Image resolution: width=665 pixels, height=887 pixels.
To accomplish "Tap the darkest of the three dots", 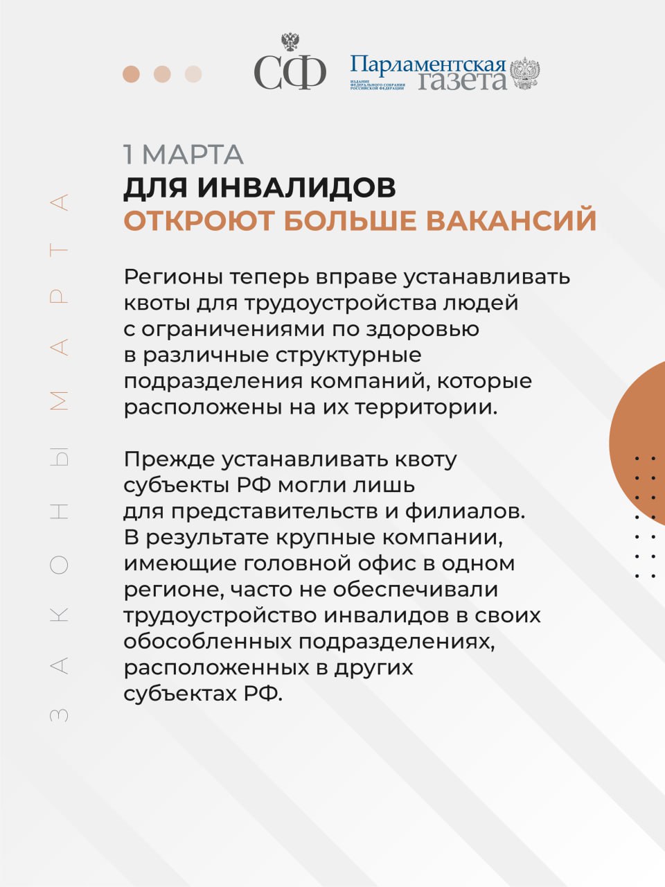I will pyautogui.click(x=131, y=74).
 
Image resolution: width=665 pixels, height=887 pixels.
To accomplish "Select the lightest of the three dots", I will pyautogui.click(x=193, y=74).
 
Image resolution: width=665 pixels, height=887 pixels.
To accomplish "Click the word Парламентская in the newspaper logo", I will pyautogui.click(x=427, y=65).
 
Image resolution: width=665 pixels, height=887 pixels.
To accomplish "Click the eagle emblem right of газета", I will pyautogui.click(x=525, y=74).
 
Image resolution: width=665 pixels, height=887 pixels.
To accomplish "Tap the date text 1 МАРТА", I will pyautogui.click(x=184, y=155).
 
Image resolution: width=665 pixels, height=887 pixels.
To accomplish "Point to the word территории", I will pyautogui.click(x=426, y=407).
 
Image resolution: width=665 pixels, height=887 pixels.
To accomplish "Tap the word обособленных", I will pyautogui.click(x=207, y=642).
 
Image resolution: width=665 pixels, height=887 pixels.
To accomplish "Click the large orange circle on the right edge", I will pyautogui.click(x=641, y=443).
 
